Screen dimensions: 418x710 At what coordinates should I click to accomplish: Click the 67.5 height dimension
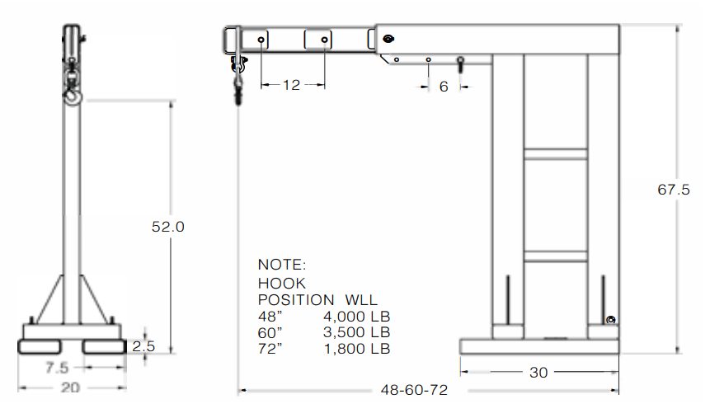(x=673, y=190)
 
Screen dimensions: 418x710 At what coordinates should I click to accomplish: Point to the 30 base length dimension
(x=538, y=373)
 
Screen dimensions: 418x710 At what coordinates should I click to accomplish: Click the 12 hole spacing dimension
(x=291, y=84)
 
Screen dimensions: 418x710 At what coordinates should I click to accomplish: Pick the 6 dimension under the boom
(x=444, y=86)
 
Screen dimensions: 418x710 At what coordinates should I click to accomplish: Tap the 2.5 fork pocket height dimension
(x=143, y=346)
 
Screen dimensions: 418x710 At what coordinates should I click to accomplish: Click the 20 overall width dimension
(x=71, y=388)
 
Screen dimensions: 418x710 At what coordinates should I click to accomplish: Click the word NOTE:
(x=282, y=265)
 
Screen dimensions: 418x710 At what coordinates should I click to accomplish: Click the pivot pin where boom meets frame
(x=388, y=38)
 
